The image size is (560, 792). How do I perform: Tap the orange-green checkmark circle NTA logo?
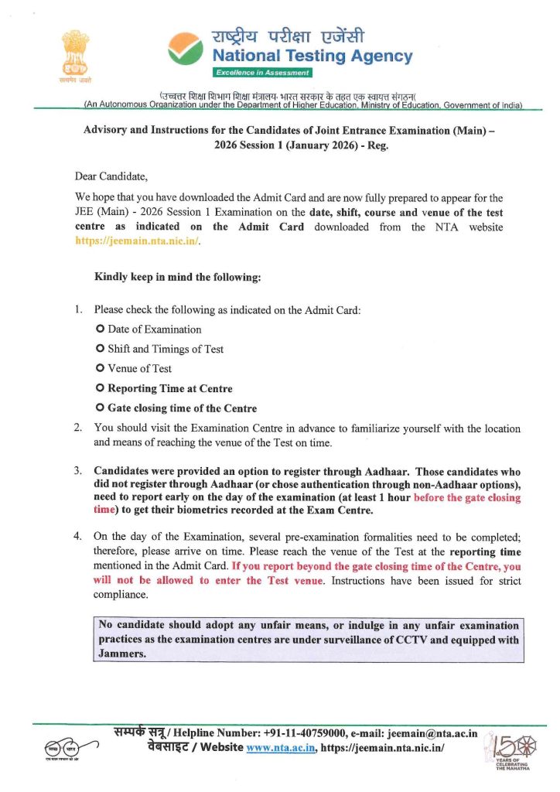point(183,47)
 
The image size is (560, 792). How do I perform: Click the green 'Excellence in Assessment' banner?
point(262,73)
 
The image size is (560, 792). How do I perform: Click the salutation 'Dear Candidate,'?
point(111,177)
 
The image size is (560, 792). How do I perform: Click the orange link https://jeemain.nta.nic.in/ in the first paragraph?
point(138,241)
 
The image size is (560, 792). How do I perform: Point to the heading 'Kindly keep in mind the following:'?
point(177,276)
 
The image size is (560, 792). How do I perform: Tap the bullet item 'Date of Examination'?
point(154,329)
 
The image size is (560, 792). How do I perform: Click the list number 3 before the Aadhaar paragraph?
point(78,471)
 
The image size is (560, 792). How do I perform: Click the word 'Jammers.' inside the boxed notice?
point(122,654)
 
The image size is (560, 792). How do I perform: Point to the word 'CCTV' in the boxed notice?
point(401,640)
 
